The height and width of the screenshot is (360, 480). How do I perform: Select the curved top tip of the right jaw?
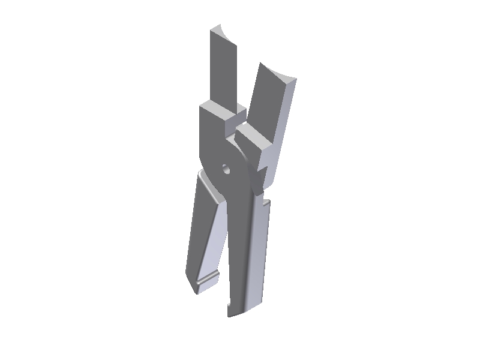[x=278, y=71]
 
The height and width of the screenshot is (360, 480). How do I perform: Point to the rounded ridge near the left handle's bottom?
[x=205, y=278]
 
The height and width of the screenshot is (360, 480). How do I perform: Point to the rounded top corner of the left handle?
[x=202, y=175]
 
